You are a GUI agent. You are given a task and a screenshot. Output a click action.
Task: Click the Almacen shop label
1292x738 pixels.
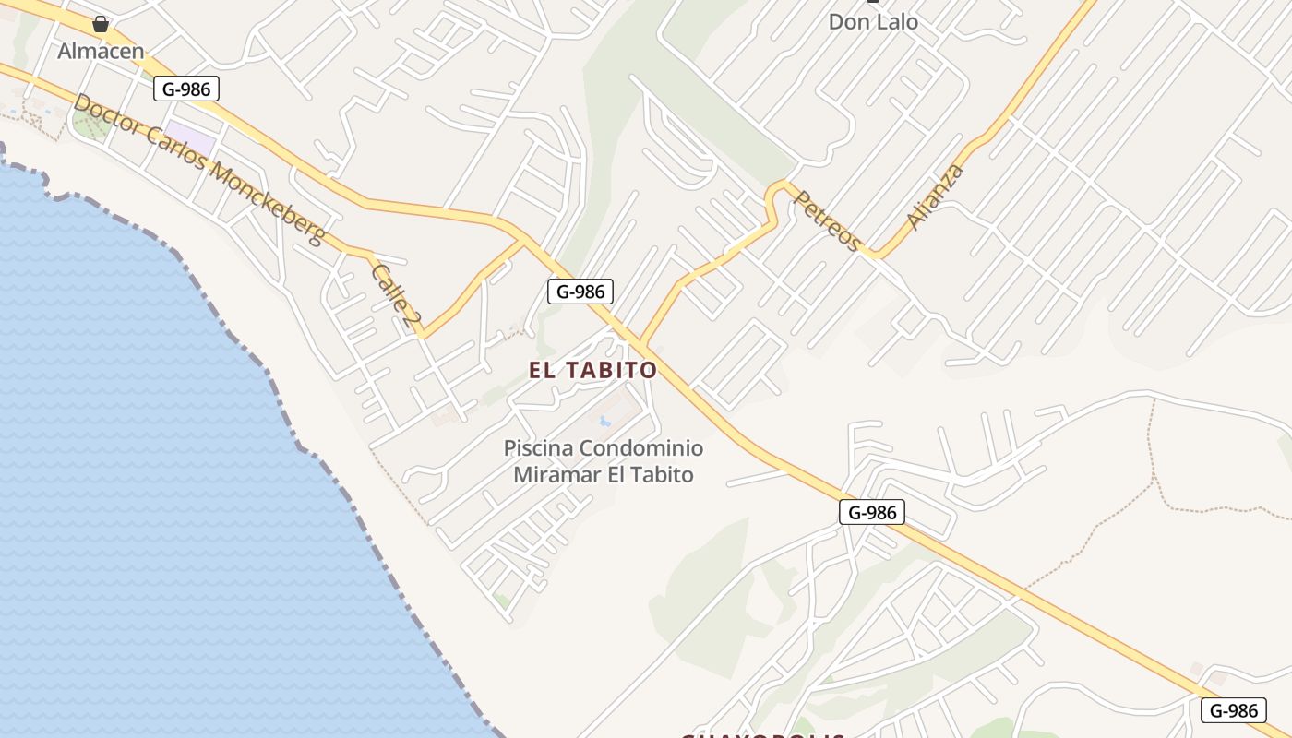click(x=101, y=51)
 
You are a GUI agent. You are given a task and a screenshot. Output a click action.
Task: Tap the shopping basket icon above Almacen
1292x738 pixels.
click(x=101, y=23)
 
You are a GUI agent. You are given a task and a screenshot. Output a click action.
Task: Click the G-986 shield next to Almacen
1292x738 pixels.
click(x=186, y=89)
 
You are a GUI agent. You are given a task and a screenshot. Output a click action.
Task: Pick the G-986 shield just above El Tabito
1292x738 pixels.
click(x=580, y=292)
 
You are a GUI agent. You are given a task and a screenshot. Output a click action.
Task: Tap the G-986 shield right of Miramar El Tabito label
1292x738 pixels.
click(x=871, y=512)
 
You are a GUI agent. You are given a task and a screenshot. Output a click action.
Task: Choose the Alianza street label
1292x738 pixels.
click(x=935, y=196)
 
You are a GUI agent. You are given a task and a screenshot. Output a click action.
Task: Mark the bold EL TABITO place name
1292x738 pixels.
click(x=592, y=370)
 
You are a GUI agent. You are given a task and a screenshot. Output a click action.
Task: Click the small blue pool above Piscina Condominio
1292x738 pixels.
click(x=604, y=422)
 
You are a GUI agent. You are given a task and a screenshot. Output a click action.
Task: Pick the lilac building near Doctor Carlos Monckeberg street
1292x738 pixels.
click(x=192, y=139)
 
